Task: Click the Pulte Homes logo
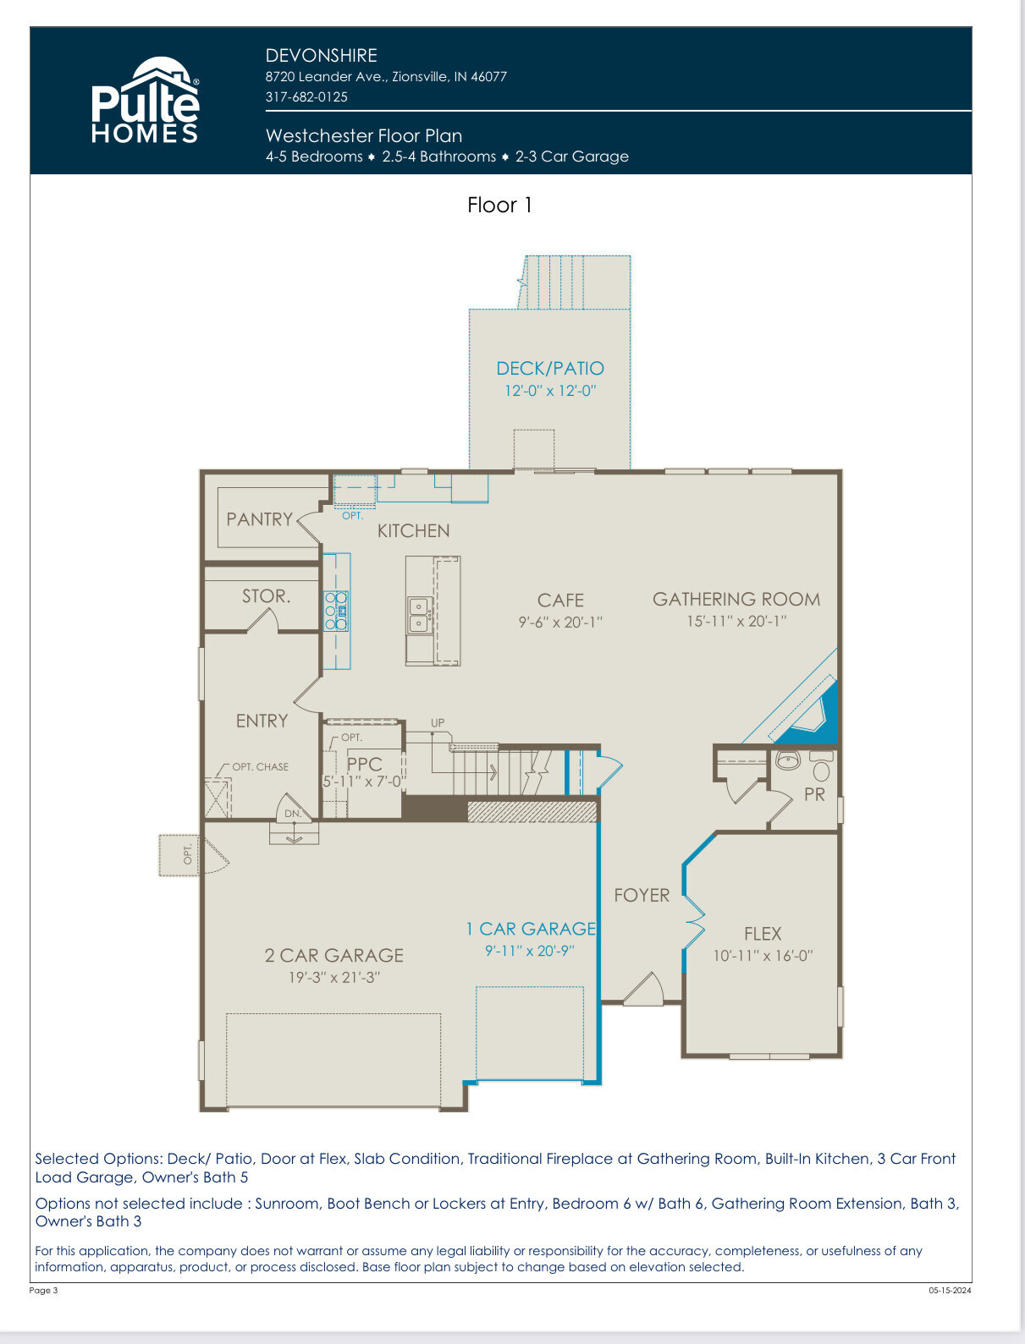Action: pos(146,100)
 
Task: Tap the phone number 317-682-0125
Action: pos(306,96)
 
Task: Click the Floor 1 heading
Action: pos(499,205)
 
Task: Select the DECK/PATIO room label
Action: pos(550,368)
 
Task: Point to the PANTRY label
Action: pos(260,519)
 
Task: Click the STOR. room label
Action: pos(266,595)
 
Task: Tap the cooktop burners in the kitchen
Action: pos(336,611)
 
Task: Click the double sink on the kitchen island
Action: pos(418,615)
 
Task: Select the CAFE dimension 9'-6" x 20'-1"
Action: pos(560,623)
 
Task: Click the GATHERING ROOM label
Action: pos(736,599)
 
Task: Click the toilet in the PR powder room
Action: pos(821,765)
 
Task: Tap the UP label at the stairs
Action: pos(438,722)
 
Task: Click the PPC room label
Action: pos(365,764)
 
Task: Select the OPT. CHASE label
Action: pos(261,766)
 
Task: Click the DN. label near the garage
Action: pos(293,814)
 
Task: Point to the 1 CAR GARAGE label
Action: pos(531,929)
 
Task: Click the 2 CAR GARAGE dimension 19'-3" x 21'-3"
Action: pos(334,977)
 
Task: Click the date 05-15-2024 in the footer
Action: pos(950,1290)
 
